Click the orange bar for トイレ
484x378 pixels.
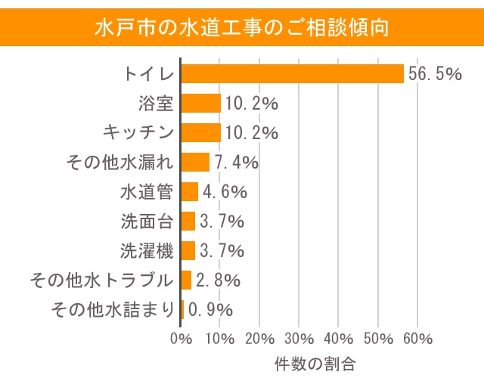tap(293, 73)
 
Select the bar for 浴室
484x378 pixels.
tap(201, 103)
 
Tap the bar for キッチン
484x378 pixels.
tap(201, 132)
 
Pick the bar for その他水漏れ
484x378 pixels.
tap(195, 162)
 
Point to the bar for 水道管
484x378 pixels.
tap(190, 191)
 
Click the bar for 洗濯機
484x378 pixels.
tap(188, 250)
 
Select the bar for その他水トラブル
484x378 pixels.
tap(187, 280)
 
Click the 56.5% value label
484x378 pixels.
tap(435, 73)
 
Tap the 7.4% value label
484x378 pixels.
tap(237, 162)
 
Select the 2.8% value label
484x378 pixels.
tap(219, 280)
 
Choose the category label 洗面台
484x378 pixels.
tap(147, 221)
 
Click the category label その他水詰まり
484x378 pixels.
tap(112, 309)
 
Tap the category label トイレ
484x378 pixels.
tap(149, 73)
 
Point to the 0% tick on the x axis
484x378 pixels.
tap(181, 337)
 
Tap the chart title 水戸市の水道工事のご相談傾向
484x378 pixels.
tap(242, 28)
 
